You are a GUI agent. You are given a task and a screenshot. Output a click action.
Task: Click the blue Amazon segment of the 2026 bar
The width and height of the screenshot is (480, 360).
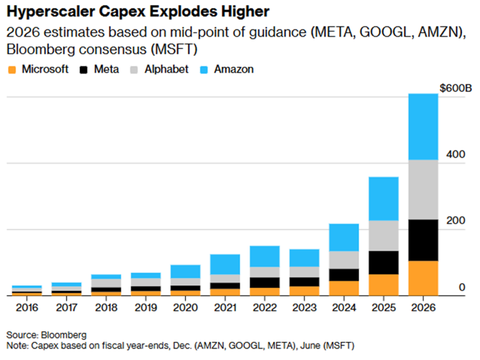[423, 127]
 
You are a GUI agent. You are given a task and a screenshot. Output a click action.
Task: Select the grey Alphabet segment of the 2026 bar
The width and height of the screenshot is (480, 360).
[423, 189]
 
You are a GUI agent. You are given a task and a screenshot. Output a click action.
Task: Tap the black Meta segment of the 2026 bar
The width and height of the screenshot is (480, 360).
[423, 240]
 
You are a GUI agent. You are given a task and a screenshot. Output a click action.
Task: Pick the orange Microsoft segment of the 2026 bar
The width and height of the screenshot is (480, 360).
[423, 278]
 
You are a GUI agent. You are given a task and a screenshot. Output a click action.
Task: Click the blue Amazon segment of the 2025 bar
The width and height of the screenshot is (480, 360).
[384, 198]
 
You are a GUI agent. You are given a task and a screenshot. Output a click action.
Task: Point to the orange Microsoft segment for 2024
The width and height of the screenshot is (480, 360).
[344, 288]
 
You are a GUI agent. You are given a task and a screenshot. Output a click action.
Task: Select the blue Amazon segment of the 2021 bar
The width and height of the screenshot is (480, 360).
[225, 264]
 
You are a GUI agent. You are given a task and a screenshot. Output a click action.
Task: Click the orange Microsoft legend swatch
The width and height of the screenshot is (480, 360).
[12, 70]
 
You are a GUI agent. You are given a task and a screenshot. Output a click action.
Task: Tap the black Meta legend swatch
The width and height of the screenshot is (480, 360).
[84, 70]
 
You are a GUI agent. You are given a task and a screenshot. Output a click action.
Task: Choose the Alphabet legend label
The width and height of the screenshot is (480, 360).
[166, 69]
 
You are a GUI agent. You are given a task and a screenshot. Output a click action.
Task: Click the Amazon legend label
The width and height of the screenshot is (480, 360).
[233, 69]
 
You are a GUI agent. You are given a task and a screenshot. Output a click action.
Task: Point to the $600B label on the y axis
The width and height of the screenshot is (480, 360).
[455, 88]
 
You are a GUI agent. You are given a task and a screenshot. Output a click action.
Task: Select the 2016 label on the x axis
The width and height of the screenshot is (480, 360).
[27, 308]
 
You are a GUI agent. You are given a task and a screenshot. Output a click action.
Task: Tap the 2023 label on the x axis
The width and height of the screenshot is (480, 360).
[305, 308]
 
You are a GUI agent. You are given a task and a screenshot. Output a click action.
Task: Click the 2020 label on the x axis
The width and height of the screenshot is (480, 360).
[186, 308]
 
